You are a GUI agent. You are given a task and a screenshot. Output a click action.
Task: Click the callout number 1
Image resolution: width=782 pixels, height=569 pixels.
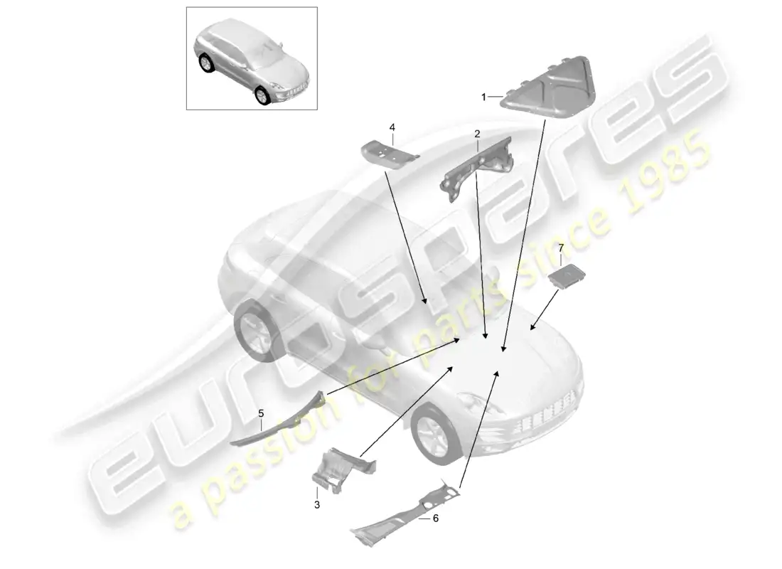click(x=483, y=97)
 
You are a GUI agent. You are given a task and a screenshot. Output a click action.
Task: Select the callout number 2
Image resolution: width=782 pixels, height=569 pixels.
click(x=477, y=133)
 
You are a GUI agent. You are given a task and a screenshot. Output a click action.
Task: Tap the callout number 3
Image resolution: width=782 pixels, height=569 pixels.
click(x=317, y=504)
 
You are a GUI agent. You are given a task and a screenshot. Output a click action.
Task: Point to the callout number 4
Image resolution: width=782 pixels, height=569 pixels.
click(x=391, y=127)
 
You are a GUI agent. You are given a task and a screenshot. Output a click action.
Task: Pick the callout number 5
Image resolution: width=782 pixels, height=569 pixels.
click(x=261, y=413)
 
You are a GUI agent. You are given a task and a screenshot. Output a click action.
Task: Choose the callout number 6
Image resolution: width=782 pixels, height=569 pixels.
click(x=436, y=519)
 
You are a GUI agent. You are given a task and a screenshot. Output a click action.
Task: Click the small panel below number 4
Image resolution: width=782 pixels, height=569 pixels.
click(x=387, y=154)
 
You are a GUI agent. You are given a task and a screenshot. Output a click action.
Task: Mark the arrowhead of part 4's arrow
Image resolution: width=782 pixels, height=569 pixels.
click(x=425, y=304)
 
